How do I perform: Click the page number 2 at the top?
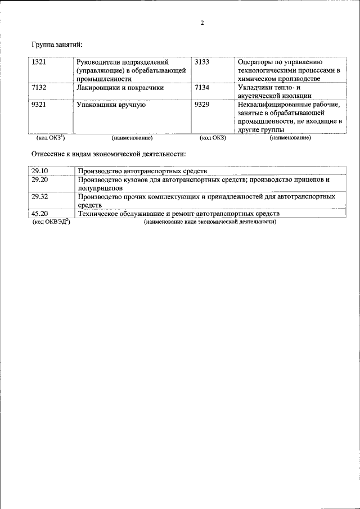[x=201, y=23]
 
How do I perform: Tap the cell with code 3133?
[x=201, y=61]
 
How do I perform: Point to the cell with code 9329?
[x=201, y=104]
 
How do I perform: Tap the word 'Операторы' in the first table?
[x=256, y=61]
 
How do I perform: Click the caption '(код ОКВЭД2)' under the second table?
[x=51, y=222]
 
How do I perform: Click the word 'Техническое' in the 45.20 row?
[x=98, y=214]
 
